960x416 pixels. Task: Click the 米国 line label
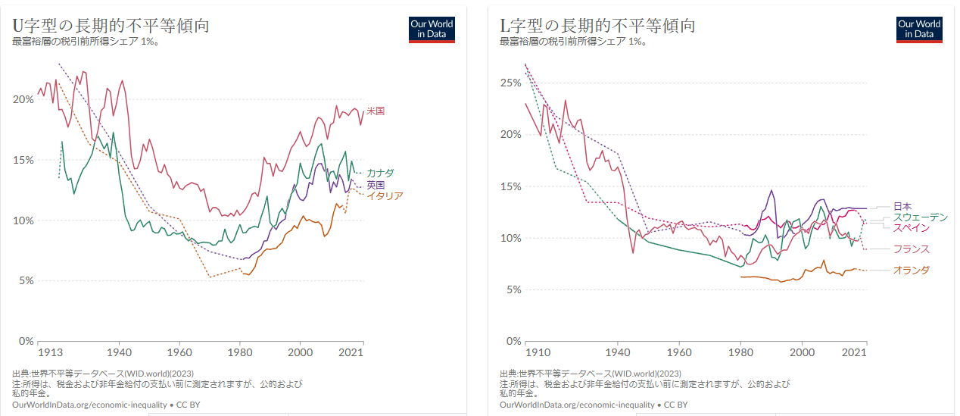point(376,111)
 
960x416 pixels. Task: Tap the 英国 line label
point(376,185)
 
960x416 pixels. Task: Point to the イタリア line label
point(385,196)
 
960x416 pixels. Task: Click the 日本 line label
point(902,206)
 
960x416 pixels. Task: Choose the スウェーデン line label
point(920,217)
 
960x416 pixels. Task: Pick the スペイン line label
point(911,227)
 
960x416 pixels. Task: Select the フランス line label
point(911,249)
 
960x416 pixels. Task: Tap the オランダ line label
point(911,271)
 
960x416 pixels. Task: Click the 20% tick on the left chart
point(23,99)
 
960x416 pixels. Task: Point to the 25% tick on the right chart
point(511,83)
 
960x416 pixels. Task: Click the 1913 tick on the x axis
point(49,352)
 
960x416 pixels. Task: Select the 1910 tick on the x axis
point(538,352)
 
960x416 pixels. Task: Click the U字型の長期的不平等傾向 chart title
point(111,25)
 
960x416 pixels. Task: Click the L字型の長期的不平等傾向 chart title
point(597,25)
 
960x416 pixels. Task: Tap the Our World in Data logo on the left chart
point(432,29)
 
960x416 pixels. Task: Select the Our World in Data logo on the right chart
point(919,29)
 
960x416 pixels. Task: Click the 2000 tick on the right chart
point(802,352)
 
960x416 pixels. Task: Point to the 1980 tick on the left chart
point(239,352)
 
